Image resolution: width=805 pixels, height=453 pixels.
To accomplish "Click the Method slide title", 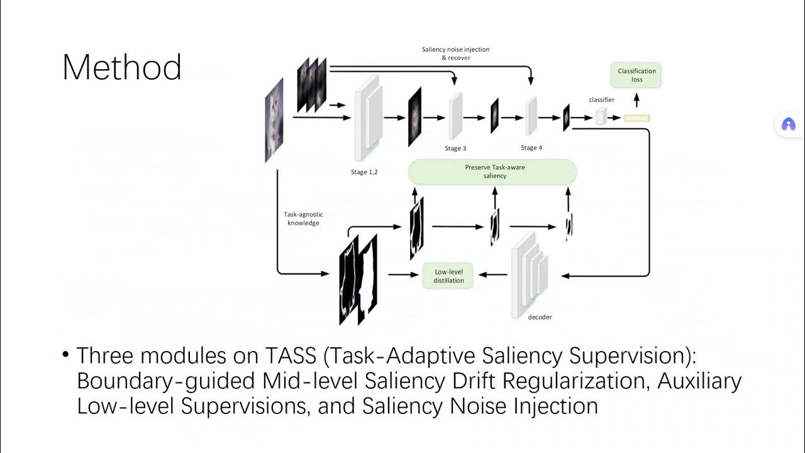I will pyautogui.click(x=122, y=67).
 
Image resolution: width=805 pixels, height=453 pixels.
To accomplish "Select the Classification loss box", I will pyautogui.click(x=636, y=75).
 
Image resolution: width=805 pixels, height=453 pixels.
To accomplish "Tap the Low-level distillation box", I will pyautogui.click(x=448, y=276).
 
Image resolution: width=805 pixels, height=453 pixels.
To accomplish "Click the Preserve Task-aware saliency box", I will pyautogui.click(x=492, y=172).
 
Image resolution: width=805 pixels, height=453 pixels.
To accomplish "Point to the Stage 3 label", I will pyautogui.click(x=455, y=148).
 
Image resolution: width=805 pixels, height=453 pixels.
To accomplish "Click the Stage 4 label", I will pyautogui.click(x=531, y=148).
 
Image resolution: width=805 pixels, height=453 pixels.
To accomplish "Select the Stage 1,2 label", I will pyautogui.click(x=364, y=172).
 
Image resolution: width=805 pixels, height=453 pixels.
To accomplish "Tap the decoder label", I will pyautogui.click(x=540, y=317).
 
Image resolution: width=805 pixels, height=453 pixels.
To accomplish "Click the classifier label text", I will pyautogui.click(x=601, y=99).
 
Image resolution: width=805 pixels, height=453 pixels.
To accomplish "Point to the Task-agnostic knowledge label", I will pyautogui.click(x=303, y=218).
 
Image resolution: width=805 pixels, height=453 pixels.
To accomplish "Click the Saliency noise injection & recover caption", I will pyautogui.click(x=455, y=53).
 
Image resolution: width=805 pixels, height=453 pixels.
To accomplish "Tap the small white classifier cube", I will pyautogui.click(x=602, y=116).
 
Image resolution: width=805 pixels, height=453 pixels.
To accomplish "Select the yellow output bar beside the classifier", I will pyautogui.click(x=636, y=118).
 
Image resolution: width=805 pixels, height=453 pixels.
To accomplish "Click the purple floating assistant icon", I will pyautogui.click(x=788, y=124).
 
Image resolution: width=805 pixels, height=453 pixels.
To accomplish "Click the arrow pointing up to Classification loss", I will pyautogui.click(x=636, y=99).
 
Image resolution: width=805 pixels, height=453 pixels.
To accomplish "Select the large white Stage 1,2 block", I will pyautogui.click(x=369, y=120).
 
